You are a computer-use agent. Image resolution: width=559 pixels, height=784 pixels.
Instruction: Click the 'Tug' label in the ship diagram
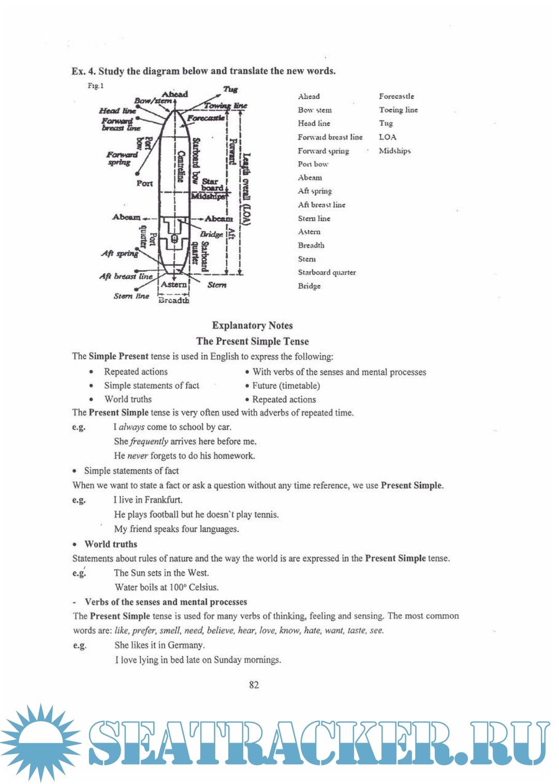point(230,90)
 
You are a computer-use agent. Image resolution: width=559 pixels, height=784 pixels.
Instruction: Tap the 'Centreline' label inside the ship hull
point(181,166)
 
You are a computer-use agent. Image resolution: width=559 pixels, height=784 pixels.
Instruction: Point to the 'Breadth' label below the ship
point(174,300)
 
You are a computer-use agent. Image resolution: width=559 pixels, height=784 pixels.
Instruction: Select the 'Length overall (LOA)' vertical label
point(247,189)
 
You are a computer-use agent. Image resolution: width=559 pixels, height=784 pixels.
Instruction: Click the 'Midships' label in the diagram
point(208,197)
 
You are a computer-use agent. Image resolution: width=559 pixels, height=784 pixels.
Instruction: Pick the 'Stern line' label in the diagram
point(131,296)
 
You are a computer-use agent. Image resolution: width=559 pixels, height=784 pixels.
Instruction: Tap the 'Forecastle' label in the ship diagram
point(206,118)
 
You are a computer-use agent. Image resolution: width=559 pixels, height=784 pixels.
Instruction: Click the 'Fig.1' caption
point(95,86)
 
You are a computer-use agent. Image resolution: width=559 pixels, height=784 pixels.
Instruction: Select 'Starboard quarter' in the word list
point(327,272)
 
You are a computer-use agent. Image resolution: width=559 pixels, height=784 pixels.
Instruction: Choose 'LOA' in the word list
point(388,137)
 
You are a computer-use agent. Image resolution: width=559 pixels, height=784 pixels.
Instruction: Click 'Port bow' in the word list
point(313,164)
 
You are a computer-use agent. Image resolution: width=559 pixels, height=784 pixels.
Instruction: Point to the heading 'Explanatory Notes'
point(252,326)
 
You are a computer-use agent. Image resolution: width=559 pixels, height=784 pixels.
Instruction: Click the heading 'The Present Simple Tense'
point(252,341)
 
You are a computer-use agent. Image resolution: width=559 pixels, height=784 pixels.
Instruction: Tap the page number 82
point(254,685)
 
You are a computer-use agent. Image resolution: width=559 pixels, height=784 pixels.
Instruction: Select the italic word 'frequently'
point(149,441)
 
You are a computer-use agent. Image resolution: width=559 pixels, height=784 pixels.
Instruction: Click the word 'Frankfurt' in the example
point(163,500)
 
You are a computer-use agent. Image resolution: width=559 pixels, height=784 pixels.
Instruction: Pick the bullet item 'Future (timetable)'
point(286,386)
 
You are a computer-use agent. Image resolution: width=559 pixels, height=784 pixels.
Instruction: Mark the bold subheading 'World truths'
point(111,544)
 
